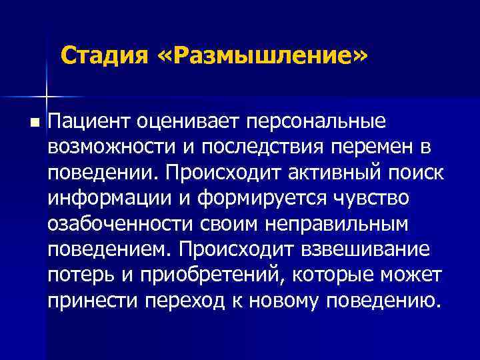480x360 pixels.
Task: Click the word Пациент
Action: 91,121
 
